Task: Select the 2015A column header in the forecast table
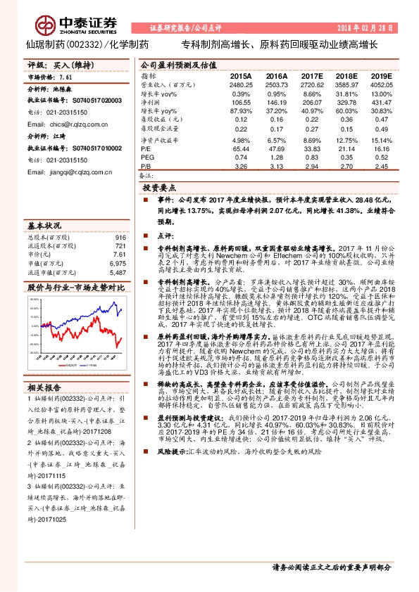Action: [x=240, y=76]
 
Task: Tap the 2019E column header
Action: [x=381, y=76]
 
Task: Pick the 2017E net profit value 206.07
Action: [x=312, y=103]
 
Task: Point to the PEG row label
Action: [x=146, y=158]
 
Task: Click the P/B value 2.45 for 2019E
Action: [x=381, y=167]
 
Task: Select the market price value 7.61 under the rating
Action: [x=67, y=77]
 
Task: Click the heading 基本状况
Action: [x=44, y=226]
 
